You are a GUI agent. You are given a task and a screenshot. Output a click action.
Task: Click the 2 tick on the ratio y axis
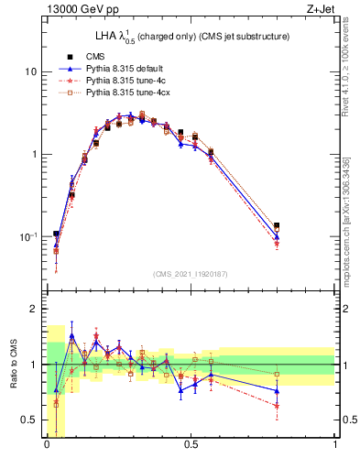(x=35, y=310)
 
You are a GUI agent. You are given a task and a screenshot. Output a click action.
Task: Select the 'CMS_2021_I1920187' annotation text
(x=191, y=274)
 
